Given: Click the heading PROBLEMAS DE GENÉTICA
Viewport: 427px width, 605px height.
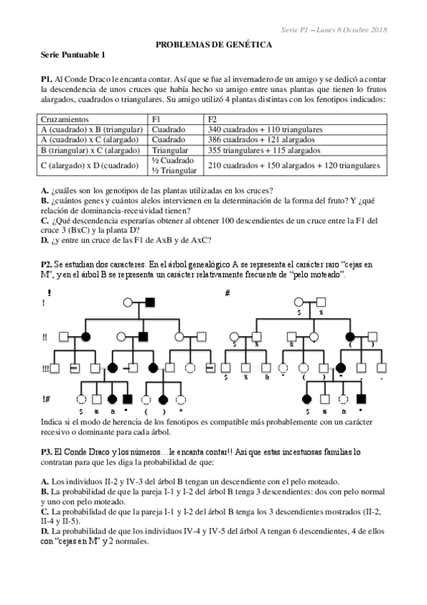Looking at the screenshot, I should pyautogui.click(x=213, y=44).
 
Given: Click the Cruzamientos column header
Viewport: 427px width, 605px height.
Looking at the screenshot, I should pyautogui.click(x=65, y=119).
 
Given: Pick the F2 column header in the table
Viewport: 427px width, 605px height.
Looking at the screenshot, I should pyautogui.click(x=212, y=119).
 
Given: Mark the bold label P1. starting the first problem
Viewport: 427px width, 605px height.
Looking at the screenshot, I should pyautogui.click(x=47, y=77).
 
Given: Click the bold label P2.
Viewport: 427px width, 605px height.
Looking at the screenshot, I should pyautogui.click(x=47, y=265).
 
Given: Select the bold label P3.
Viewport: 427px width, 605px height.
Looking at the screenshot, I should pyautogui.click(x=47, y=452).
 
